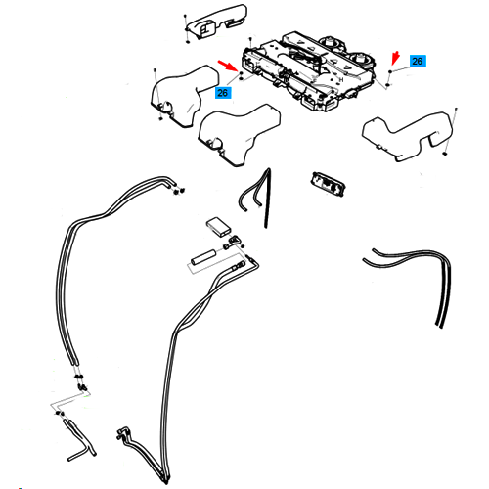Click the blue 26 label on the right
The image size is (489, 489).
[418, 61]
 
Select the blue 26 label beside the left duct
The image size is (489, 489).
[223, 93]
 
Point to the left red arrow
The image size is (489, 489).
[228, 66]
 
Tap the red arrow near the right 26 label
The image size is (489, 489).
[395, 58]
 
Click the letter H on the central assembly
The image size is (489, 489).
[341, 79]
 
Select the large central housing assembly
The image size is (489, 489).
[305, 70]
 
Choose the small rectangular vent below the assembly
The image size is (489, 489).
[329, 184]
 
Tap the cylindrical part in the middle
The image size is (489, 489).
[203, 257]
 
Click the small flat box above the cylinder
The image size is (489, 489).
[219, 226]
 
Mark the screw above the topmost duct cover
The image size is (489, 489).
[185, 17]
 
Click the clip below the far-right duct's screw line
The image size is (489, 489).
[444, 154]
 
